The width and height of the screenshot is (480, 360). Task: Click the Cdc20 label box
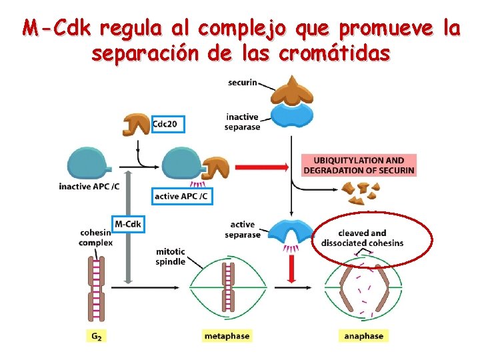tap(168, 123)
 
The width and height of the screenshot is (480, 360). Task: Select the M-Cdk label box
tap(128, 224)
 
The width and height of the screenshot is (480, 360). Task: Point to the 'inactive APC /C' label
tap(89, 187)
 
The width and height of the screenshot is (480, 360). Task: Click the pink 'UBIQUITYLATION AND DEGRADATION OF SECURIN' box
tap(359, 165)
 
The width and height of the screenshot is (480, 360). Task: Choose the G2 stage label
tap(97, 336)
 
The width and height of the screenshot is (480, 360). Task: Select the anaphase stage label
tap(363, 336)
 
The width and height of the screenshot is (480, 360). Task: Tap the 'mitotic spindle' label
tap(170, 257)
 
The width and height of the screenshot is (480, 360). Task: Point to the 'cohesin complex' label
tap(96, 237)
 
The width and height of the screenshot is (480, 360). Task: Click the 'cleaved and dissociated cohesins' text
tap(362, 238)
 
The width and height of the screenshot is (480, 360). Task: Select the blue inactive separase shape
tap(290, 115)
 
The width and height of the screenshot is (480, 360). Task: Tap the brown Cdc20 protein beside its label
tap(137, 123)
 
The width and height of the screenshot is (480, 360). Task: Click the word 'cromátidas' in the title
tap(333, 54)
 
